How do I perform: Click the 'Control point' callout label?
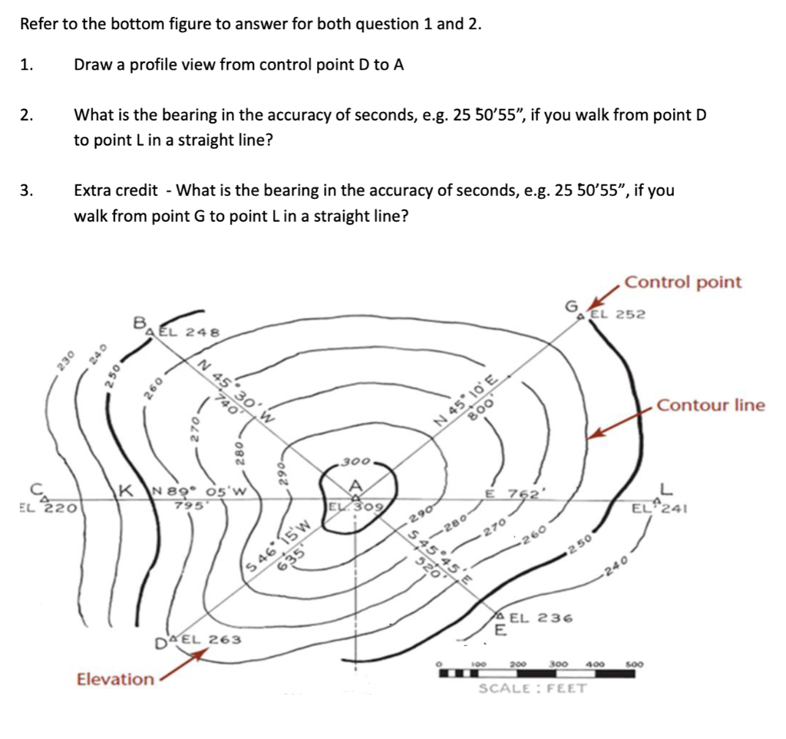pyautogui.click(x=683, y=282)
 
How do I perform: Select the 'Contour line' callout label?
pyautogui.click(x=711, y=404)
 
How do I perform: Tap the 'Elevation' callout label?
pyautogui.click(x=115, y=678)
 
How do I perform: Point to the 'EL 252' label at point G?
pyautogui.click(x=618, y=314)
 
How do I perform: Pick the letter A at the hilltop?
pyautogui.click(x=355, y=486)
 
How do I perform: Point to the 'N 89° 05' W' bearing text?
pyautogui.click(x=198, y=492)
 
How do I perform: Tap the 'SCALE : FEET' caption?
pyautogui.click(x=533, y=688)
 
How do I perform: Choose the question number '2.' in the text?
pyautogui.click(x=27, y=116)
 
